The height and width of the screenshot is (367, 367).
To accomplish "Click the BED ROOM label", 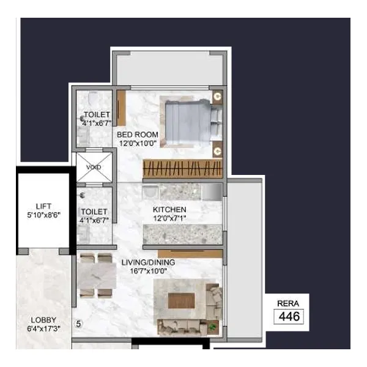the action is pyautogui.click(x=138, y=135).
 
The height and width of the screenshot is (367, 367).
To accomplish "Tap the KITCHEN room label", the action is pyautogui.click(x=169, y=209).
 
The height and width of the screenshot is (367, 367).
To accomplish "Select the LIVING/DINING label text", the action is pyautogui.click(x=148, y=262).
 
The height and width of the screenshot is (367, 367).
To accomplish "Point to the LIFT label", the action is pyautogui.click(x=43, y=206).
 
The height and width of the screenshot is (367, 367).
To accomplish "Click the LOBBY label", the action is pyautogui.click(x=43, y=320).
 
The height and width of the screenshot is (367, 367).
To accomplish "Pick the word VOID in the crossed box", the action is pyautogui.click(x=94, y=167).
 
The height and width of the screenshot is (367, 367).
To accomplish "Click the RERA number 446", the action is pyautogui.click(x=289, y=316).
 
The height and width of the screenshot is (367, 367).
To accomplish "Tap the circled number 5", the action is pyautogui.click(x=78, y=324).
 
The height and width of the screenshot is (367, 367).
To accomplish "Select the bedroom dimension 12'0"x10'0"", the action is pyautogui.click(x=138, y=143).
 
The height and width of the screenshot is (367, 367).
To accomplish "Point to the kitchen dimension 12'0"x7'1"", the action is pyautogui.click(x=169, y=218).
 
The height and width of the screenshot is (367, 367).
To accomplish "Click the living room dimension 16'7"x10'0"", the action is pyautogui.click(x=149, y=271).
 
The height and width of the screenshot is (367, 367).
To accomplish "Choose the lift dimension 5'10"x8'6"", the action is pyautogui.click(x=44, y=215).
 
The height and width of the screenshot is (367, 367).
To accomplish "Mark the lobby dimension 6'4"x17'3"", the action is pyautogui.click(x=44, y=328).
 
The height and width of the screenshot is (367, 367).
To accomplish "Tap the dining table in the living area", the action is pyautogui.click(x=97, y=276).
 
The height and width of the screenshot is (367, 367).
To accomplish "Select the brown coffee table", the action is pyautogui.click(x=182, y=301).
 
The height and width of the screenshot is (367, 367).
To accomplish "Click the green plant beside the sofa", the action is pyautogui.click(x=212, y=326).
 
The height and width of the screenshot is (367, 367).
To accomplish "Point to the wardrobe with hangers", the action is pyautogui.click(x=182, y=169).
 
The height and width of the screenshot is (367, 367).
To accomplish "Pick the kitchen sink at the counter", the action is pyautogui.click(x=150, y=193).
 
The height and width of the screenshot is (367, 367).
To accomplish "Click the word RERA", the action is pyautogui.click(x=288, y=303).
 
